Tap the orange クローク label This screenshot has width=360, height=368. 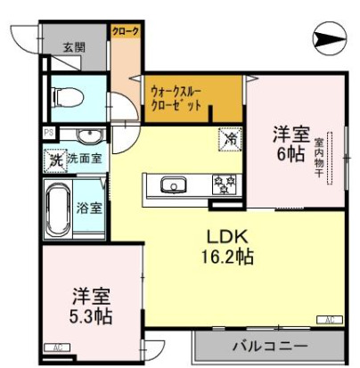pos(125,32)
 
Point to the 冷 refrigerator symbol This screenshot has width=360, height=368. pos(230,139)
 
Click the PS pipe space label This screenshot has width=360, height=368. pos(48,134)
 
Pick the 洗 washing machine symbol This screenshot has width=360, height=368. pos(55,159)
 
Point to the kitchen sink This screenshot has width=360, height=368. pos(172,185)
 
